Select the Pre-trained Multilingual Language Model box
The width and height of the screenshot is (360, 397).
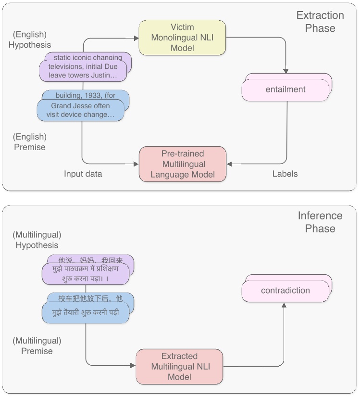click(x=183, y=164)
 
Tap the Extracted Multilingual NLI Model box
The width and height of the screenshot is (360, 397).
click(x=179, y=367)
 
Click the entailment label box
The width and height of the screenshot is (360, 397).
click(x=286, y=90)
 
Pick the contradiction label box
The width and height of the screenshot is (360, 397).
click(x=286, y=291)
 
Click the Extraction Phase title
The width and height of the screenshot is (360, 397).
click(x=320, y=22)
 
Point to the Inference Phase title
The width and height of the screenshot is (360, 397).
click(x=320, y=222)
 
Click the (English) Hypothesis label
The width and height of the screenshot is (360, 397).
click(x=30, y=39)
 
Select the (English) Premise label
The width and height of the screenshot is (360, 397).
click(x=30, y=142)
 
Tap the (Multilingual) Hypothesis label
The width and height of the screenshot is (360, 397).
click(x=37, y=240)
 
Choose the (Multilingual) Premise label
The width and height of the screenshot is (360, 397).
click(x=37, y=346)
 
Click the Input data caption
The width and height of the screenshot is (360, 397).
click(x=83, y=174)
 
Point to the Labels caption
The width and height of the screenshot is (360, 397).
click(x=285, y=174)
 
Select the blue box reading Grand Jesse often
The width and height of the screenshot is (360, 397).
click(x=80, y=110)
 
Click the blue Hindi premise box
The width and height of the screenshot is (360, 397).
click(x=86, y=312)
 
